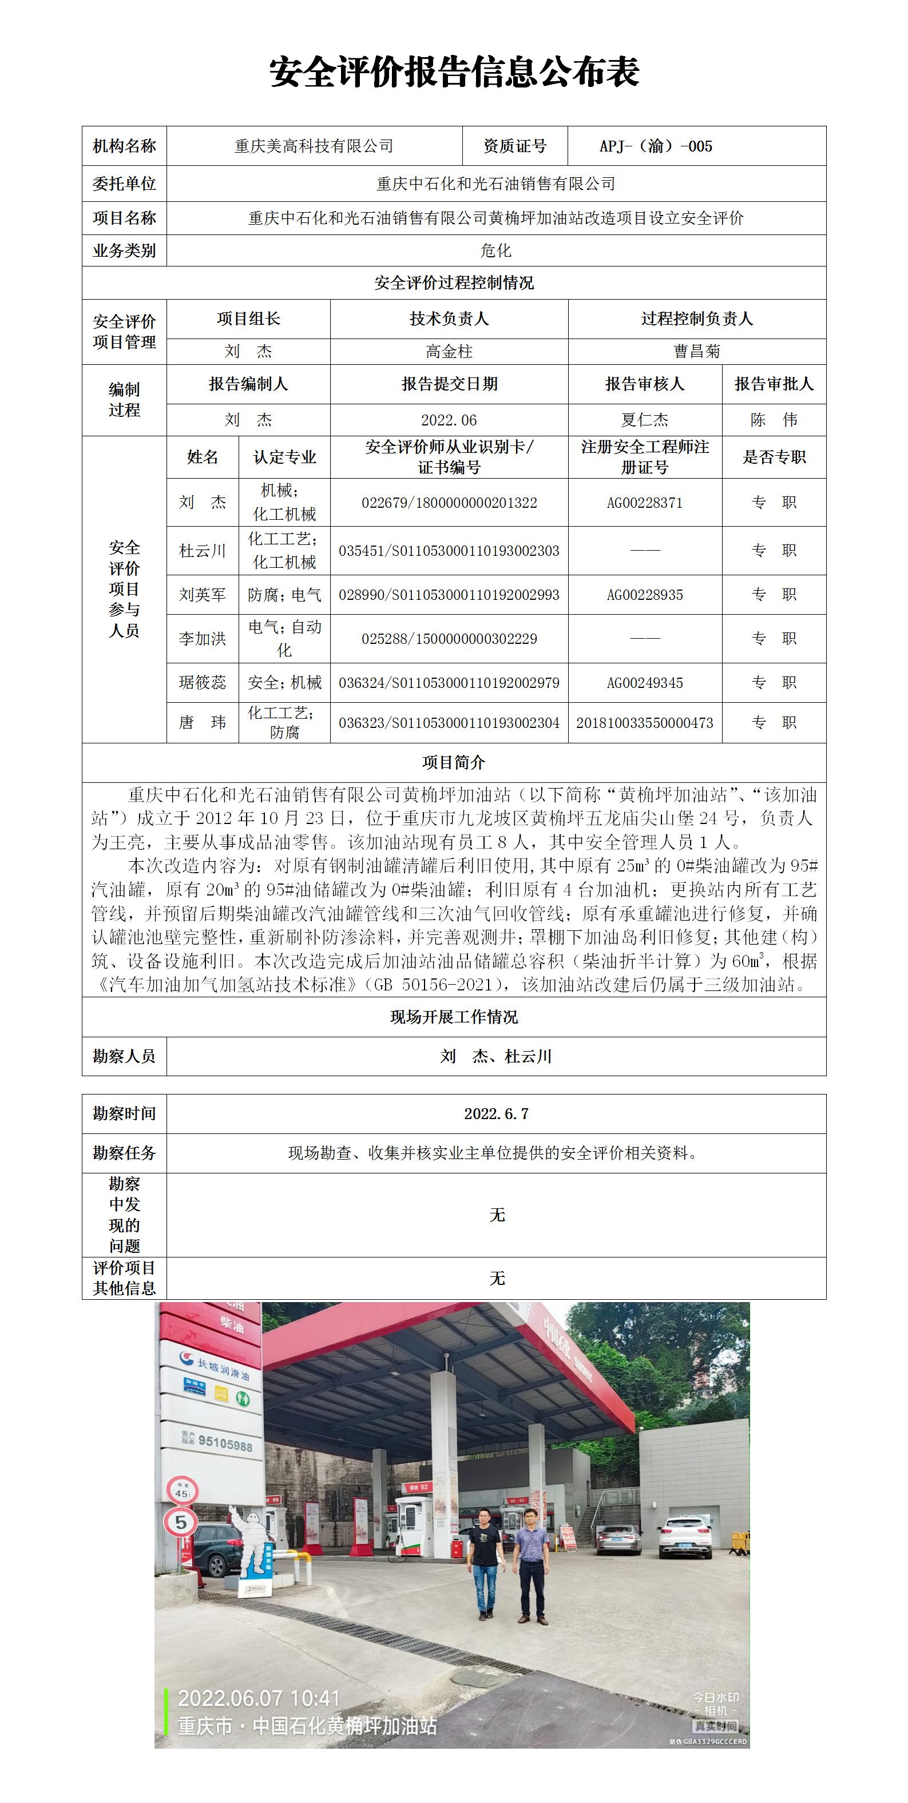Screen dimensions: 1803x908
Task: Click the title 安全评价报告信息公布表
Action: pos(454,73)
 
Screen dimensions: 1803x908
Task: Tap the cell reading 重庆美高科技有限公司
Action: pos(314,146)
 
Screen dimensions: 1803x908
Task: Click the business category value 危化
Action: pos(495,250)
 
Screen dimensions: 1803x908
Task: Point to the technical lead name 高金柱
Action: pos(449,351)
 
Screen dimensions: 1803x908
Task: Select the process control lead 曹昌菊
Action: pos(696,351)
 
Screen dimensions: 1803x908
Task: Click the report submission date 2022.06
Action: pos(449,420)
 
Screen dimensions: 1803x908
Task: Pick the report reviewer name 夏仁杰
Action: pos(645,420)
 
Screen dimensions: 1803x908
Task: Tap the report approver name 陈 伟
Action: pos(774,420)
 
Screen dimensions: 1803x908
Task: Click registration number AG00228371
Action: pos(645,503)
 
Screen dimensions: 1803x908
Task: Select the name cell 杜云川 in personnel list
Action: pos(203,551)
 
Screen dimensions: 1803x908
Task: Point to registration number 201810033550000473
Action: pos(645,723)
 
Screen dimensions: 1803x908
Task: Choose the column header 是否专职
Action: pos(774,457)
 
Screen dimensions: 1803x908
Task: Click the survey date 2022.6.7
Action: pos(495,1113)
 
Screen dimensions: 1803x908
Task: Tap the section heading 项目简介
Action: pos(454,762)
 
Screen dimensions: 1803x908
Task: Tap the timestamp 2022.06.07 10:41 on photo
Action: pos(259,1698)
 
